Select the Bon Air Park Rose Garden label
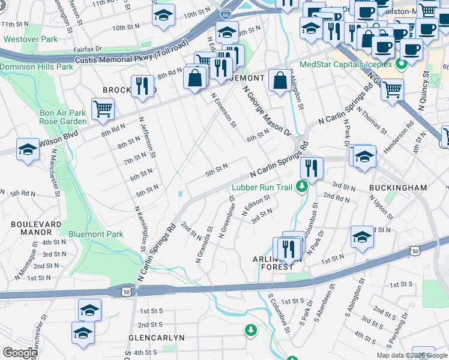click(63, 117)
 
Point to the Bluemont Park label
click(96, 234)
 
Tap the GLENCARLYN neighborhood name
click(157, 338)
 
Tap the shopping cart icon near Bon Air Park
click(103, 109)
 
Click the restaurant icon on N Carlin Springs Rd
click(312, 167)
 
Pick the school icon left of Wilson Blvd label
click(28, 150)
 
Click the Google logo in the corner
click(20, 353)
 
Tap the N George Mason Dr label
click(267, 110)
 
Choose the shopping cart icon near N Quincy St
click(392, 90)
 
